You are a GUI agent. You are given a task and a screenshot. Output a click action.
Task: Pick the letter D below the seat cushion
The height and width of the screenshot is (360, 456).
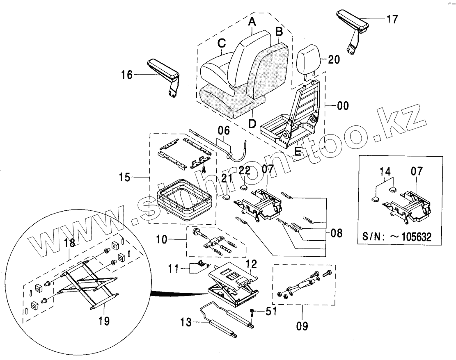[x=252, y=123]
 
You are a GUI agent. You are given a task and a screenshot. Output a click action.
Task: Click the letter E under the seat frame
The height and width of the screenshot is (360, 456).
[x=298, y=151]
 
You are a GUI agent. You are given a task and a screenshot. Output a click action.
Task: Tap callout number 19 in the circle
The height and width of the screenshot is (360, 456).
[x=104, y=321]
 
